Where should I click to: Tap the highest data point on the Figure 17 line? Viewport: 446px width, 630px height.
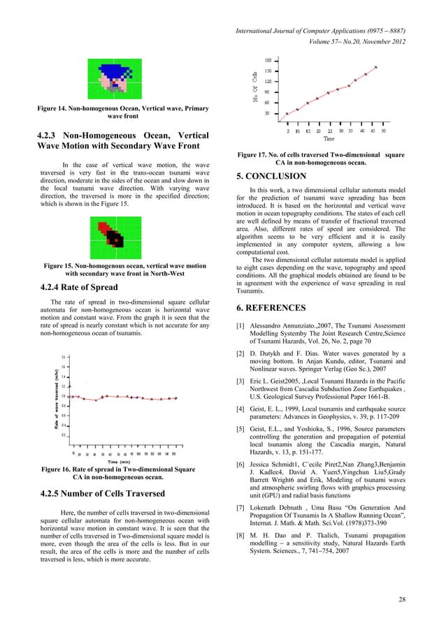click(376, 67)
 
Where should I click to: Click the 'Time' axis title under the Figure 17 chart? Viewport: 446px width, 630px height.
click(329, 139)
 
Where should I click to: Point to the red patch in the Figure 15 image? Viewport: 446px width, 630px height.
click(104, 228)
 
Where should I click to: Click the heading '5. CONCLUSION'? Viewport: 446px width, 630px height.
click(271, 176)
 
